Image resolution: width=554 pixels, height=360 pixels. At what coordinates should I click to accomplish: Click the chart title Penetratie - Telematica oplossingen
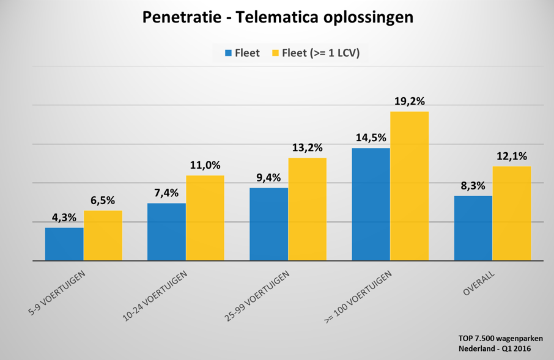coord(278,17)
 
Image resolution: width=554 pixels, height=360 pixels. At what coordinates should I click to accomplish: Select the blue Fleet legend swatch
coord(229,53)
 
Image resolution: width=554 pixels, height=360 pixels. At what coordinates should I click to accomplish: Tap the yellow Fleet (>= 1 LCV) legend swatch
coord(275,53)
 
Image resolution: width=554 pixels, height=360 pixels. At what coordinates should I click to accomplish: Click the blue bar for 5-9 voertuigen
coord(64,244)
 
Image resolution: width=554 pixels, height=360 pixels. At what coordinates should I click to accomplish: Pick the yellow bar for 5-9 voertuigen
coord(103,235)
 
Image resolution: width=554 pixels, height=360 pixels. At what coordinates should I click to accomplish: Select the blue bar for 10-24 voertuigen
coord(166,232)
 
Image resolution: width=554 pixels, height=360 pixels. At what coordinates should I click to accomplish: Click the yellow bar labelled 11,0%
coord(205,218)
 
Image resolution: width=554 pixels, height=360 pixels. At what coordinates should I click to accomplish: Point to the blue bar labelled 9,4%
coord(268,224)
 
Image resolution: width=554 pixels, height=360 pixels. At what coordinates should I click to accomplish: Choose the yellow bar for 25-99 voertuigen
coord(307,209)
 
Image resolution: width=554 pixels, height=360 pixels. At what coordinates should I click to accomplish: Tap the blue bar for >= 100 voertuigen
coord(371,204)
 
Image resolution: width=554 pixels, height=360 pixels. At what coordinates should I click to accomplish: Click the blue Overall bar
coord(473,228)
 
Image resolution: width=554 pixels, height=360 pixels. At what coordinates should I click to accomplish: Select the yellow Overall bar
coord(512,213)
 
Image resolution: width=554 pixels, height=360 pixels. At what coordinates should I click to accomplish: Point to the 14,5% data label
coord(371,138)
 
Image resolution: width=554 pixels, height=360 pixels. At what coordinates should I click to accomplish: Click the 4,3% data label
coord(64,217)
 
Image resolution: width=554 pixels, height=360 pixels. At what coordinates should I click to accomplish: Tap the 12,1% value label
coord(512,156)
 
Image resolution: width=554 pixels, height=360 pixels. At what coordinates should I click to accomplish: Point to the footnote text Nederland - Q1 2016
coord(495,348)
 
